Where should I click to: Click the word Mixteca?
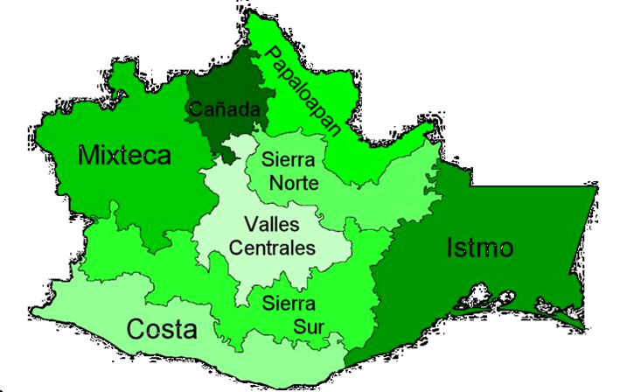pyautogui.click(x=124, y=156)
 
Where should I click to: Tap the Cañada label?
pyautogui.click(x=226, y=110)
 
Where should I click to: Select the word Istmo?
pyautogui.click(x=479, y=248)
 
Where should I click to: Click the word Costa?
pyautogui.click(x=161, y=329)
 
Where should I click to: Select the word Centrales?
pyautogui.click(x=271, y=248)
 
